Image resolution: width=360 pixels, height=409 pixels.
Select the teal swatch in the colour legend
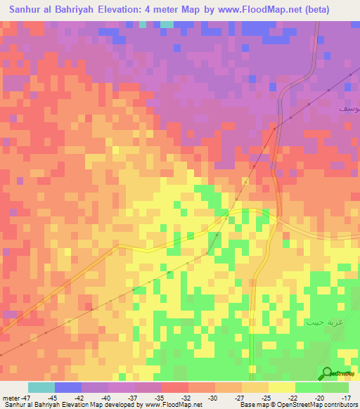click(x=41, y=387)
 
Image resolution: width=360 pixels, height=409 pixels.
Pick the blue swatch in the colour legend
click(x=67, y=387)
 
